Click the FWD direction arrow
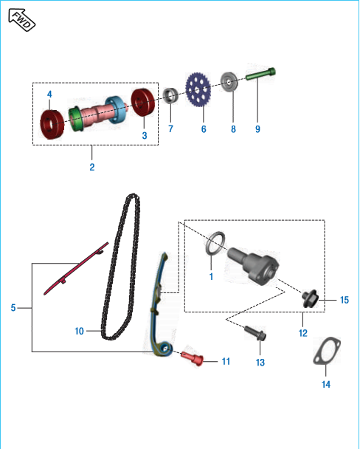pos(21,20)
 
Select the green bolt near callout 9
pos(260,74)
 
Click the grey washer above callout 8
pos(229,82)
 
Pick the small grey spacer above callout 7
pos(170,95)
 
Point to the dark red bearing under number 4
pos(52,124)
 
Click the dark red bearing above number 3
pos(143,103)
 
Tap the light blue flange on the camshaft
pos(115,110)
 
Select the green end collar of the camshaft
pos(75,119)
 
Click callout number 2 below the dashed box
pos(92,167)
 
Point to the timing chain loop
pos(120,267)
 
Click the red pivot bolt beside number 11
pos(193,358)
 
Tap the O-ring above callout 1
pos(215,243)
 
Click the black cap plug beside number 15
pos(311,299)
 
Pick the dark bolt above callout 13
pos(255,333)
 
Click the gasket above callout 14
pos(327,351)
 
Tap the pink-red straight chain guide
pos(76,269)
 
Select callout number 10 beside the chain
pos(79,331)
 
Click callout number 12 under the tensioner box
pos(303,333)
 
